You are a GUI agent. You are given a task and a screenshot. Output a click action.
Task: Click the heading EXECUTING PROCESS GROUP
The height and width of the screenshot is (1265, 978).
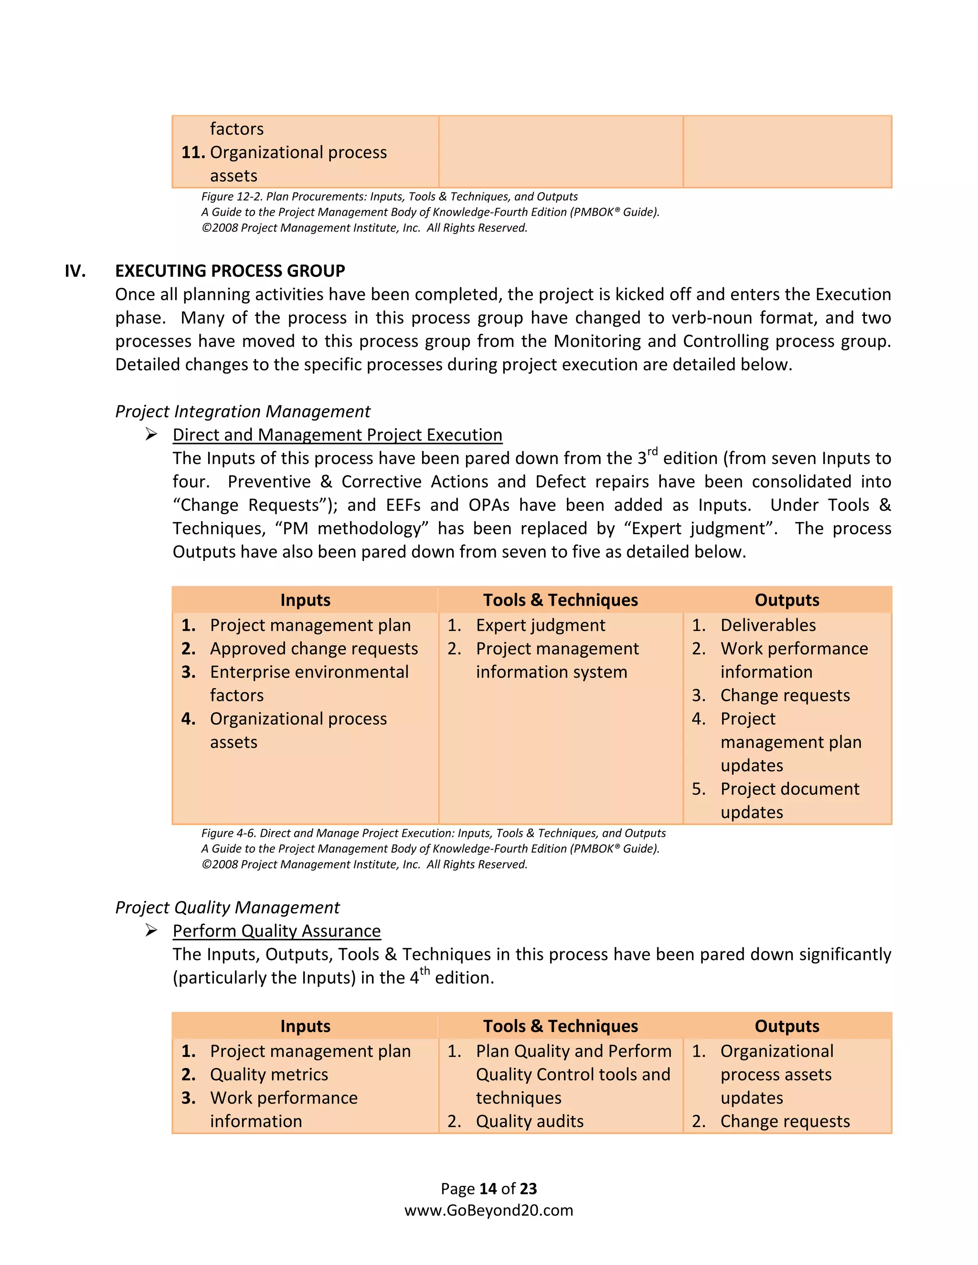[230, 271]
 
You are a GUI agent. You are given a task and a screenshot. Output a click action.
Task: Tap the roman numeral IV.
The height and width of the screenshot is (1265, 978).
[75, 271]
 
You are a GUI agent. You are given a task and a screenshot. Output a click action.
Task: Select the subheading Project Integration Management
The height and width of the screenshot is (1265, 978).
[242, 411]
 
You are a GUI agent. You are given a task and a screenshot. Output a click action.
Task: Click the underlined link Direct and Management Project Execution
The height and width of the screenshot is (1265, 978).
[337, 435]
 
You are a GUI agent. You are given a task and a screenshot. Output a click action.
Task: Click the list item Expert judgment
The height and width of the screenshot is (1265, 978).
[540, 625]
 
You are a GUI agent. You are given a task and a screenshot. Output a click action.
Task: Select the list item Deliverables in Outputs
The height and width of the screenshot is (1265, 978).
[768, 625]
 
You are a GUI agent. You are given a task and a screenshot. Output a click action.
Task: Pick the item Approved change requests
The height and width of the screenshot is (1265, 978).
[313, 649]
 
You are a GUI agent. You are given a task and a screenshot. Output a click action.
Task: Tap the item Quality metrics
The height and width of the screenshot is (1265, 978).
[269, 1075]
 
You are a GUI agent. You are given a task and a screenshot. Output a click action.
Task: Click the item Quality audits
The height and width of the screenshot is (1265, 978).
[530, 1121]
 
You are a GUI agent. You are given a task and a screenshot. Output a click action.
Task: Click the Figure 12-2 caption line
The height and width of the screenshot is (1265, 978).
[389, 197]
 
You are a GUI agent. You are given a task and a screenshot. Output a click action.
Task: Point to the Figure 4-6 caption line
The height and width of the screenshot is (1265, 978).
[434, 833]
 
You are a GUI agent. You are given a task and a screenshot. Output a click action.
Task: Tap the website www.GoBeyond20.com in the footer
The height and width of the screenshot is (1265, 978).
[489, 1211]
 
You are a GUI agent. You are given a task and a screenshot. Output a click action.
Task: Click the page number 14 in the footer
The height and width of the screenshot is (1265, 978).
[489, 1189]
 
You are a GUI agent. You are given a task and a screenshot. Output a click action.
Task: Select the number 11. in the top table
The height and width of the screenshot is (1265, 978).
[192, 152]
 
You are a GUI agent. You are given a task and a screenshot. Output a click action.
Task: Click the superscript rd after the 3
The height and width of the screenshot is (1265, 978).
[652, 451]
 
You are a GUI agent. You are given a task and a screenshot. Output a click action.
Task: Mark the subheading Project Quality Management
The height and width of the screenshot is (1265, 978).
[227, 907]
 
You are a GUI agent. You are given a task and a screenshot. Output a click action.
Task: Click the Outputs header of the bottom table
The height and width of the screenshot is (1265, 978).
[787, 1026]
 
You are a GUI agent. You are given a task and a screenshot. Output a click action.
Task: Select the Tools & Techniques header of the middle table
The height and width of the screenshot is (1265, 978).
[560, 600]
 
